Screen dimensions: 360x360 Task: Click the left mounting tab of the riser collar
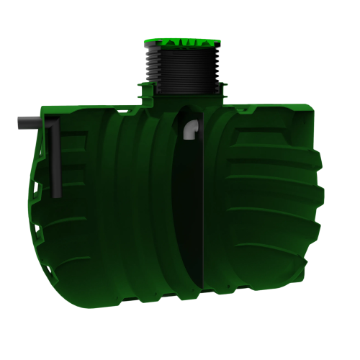pyautogui.click(x=141, y=90)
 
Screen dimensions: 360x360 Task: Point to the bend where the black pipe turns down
pyautogui.click(x=53, y=125)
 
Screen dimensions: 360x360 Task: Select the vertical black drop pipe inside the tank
pyautogui.click(x=55, y=162)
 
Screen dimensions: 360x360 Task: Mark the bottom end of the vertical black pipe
pyautogui.click(x=56, y=194)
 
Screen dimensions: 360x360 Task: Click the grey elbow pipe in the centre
pyautogui.click(x=192, y=129)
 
